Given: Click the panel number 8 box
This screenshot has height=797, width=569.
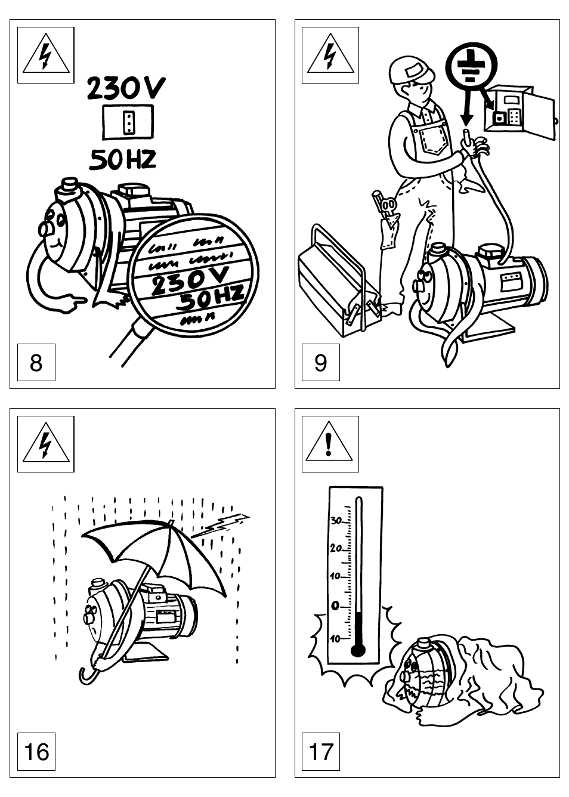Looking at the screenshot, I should tap(36, 362).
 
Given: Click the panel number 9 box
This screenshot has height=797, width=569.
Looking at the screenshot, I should tap(320, 362).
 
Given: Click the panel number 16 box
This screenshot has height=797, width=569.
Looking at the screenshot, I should tap(36, 751).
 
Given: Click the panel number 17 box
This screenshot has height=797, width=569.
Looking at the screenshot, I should tap(320, 751).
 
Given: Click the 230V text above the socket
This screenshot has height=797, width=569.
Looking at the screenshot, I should tap(126, 89).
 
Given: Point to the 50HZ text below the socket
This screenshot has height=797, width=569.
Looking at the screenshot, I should tap(123, 159).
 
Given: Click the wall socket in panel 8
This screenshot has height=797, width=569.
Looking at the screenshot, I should tap(128, 122).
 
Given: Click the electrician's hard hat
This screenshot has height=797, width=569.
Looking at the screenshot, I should tap(410, 70).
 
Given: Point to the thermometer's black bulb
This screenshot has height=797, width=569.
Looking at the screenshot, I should tap(358, 649).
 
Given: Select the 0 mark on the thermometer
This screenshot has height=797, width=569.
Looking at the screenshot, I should tap(335, 606).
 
